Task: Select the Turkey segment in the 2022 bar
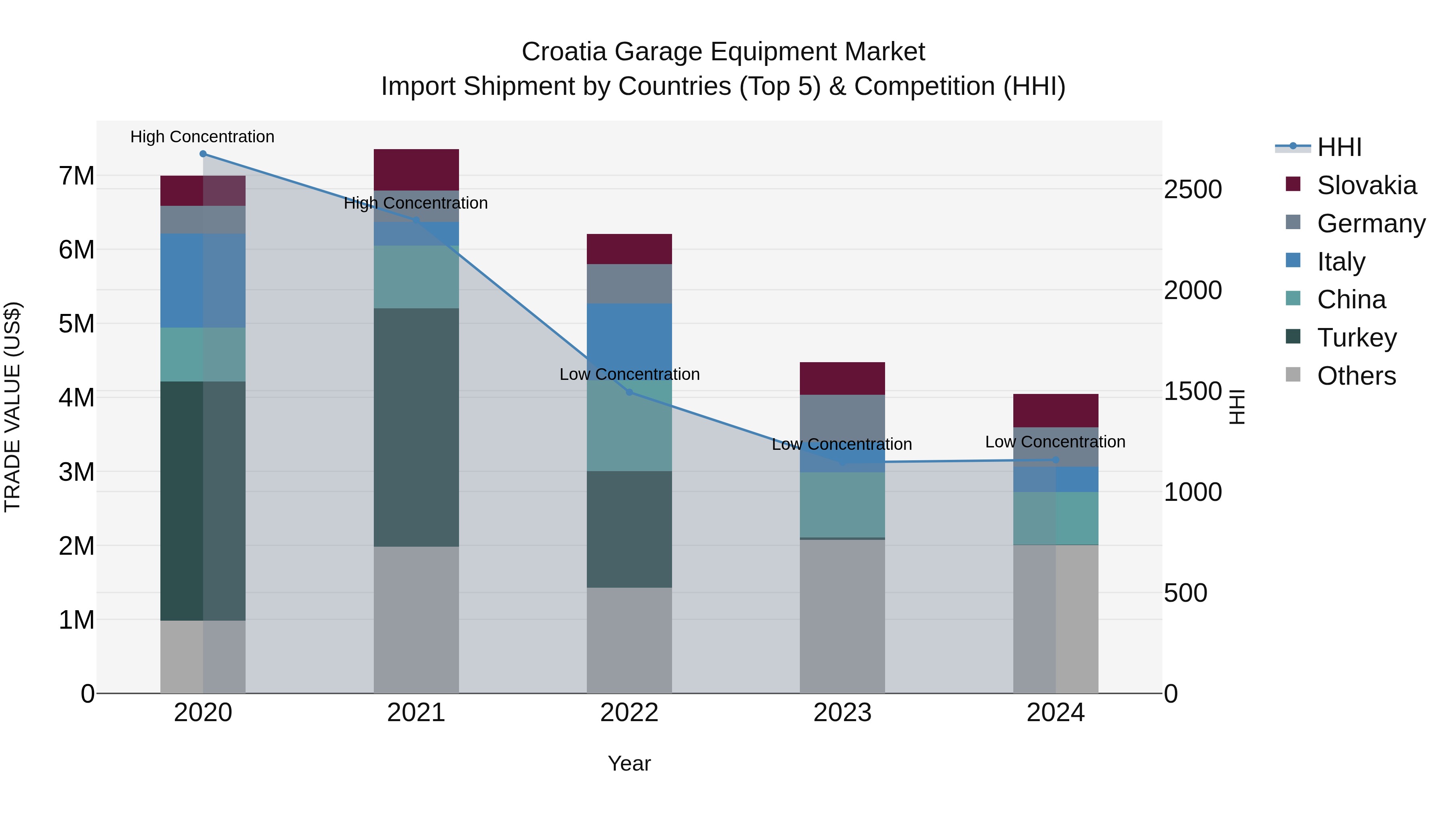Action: coord(629,529)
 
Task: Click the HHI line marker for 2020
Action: coord(203,154)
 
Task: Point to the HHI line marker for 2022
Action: coord(629,392)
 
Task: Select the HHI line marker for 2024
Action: coord(1055,460)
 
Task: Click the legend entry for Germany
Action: coord(1371,223)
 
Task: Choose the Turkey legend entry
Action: coord(1357,338)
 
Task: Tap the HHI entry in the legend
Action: coord(1339,147)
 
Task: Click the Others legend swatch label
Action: coord(1356,376)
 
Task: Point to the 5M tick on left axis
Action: coord(76,324)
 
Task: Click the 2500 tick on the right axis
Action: coord(1192,189)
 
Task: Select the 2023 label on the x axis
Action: coord(842,712)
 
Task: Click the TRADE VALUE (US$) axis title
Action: coord(12,407)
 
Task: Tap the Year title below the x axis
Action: coord(629,763)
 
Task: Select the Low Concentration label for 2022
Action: coord(629,374)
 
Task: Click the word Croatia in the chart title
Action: coord(564,52)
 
